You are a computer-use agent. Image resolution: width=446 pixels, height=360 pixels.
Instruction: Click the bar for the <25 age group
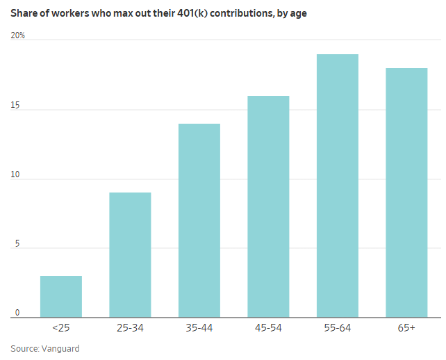click(61, 297)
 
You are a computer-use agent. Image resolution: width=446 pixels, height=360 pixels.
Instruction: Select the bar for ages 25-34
click(130, 255)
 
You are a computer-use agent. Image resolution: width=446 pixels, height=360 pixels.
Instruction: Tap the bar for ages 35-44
click(199, 220)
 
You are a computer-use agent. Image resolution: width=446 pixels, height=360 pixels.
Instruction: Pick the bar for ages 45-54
click(268, 206)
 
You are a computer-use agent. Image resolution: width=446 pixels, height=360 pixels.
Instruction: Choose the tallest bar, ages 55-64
click(338, 186)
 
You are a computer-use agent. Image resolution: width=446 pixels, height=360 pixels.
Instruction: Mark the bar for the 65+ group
click(406, 193)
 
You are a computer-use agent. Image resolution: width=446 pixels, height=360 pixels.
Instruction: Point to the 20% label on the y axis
click(18, 35)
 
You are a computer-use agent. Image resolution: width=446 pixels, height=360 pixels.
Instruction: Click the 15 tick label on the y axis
click(16, 106)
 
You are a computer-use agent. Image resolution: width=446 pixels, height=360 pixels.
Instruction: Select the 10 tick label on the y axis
click(16, 175)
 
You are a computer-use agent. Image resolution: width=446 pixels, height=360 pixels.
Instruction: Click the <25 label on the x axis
click(61, 328)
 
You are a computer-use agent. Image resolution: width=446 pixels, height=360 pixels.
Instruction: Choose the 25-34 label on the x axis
click(130, 328)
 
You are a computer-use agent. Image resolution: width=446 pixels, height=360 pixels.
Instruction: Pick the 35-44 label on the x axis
click(199, 328)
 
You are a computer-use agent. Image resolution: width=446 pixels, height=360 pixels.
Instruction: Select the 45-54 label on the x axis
click(268, 328)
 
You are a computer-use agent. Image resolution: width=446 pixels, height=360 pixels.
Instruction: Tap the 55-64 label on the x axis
click(338, 328)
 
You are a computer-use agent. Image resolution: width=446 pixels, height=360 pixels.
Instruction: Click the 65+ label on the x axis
click(406, 328)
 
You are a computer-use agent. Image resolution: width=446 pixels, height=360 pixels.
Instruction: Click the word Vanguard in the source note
click(62, 348)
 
